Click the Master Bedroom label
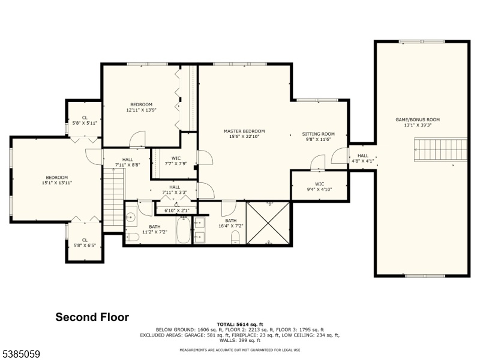click(244, 131)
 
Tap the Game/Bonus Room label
click(418, 119)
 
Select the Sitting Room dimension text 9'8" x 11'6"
click(319, 139)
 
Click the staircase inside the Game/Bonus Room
click(441, 149)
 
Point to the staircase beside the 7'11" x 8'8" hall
click(113, 199)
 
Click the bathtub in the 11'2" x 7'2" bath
click(184, 230)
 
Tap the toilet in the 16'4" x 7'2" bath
click(235, 238)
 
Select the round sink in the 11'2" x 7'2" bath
click(131, 217)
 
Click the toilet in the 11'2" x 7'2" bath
click(132, 237)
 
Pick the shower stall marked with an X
click(268, 223)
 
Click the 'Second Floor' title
click(92, 317)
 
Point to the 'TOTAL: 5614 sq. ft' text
click(240, 325)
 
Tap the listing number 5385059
click(20, 354)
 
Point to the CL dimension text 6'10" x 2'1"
click(177, 211)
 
